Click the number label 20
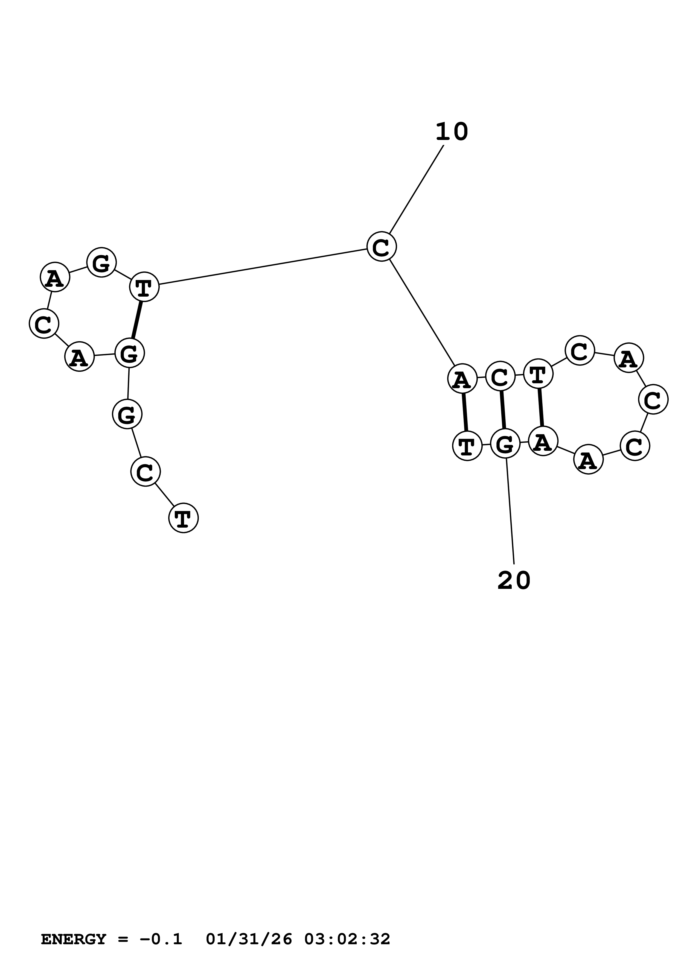click(x=514, y=581)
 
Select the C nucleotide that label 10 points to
click(x=382, y=247)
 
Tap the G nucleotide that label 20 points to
click(x=505, y=445)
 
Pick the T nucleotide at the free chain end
click(x=184, y=518)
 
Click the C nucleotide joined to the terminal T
click(x=146, y=472)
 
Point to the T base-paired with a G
click(x=144, y=287)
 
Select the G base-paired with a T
click(x=129, y=353)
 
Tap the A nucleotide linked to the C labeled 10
click(x=462, y=379)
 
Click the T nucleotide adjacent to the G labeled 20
click(x=467, y=446)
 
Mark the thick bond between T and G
click(x=137, y=320)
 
